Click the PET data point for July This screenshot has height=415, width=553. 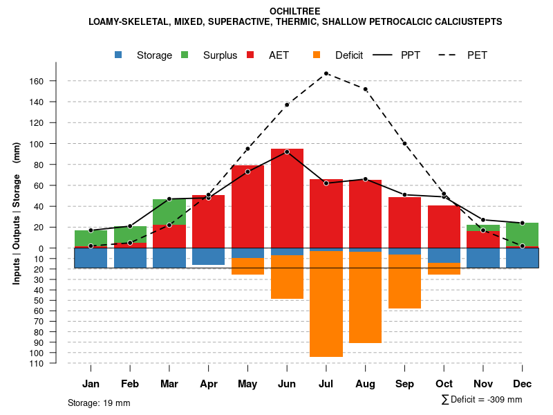click(326, 73)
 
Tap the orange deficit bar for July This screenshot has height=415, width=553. click(326, 304)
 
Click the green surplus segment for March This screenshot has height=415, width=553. click(169, 212)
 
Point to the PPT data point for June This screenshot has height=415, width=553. click(287, 151)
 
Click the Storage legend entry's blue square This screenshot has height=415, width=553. click(119, 55)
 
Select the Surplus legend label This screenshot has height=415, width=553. click(221, 55)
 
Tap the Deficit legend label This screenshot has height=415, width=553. click(349, 55)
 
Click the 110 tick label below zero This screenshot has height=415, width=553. click(37, 364)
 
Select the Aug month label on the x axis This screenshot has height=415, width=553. click(365, 384)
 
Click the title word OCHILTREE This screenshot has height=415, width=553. click(295, 11)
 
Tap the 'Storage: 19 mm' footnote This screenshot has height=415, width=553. click(99, 403)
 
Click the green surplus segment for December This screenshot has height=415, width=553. click(523, 234)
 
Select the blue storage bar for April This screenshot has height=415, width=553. click(208, 257)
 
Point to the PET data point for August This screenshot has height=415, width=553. click(365, 89)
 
